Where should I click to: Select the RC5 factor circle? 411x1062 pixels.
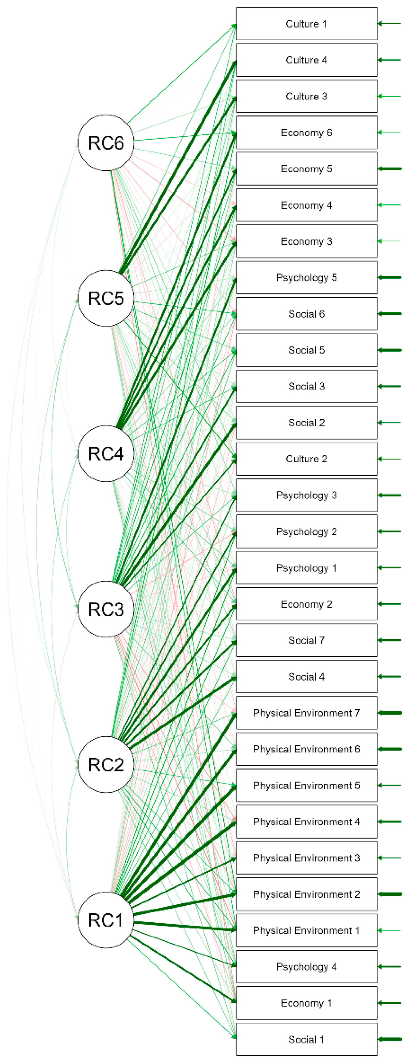pos(106,298)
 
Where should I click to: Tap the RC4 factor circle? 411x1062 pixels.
pos(106,454)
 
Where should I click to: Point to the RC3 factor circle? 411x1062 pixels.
pos(106,609)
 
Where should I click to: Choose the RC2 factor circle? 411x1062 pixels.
pos(106,764)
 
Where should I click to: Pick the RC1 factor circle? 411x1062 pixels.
pos(106,920)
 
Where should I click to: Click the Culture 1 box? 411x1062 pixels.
pos(306,23)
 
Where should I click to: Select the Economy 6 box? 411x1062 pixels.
pos(306,132)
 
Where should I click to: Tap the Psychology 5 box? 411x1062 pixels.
pos(306,277)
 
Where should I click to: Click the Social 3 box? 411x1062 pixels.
pos(306,386)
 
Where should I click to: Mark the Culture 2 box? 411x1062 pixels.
pos(306,459)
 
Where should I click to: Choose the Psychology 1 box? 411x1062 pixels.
pos(306,568)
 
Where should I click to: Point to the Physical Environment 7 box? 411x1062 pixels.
pos(306,713)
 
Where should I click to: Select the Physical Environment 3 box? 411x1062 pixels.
pos(306,858)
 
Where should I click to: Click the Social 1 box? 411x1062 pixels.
pos(306,1039)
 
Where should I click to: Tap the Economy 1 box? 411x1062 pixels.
pos(306,1003)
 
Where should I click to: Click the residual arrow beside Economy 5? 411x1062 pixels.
pos(390,169)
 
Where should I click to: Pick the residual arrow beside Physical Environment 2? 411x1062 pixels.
pos(390,894)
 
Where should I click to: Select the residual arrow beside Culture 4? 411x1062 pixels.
pos(390,60)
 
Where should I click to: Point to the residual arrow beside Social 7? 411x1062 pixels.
pos(390,640)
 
